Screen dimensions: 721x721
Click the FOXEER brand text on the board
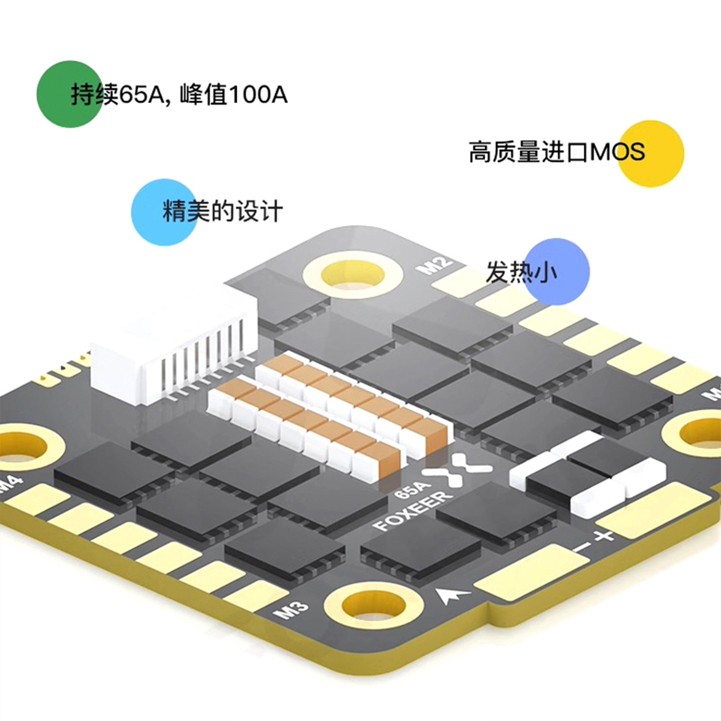(x=412, y=511)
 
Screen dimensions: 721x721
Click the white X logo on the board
(x=457, y=469)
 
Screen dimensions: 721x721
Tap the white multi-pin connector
(x=175, y=350)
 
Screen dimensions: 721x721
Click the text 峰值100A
(x=233, y=94)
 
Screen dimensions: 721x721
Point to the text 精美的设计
(x=223, y=211)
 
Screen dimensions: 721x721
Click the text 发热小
(x=521, y=272)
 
